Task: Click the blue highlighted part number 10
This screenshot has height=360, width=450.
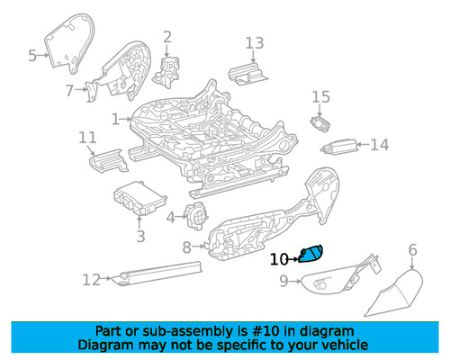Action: click(311, 254)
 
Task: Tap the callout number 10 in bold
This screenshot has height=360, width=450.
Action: click(279, 259)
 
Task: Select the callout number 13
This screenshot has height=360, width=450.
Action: click(255, 43)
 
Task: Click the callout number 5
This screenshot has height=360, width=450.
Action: click(32, 56)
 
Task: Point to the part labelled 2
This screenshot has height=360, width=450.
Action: click(167, 71)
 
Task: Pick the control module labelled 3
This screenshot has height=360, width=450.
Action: click(139, 199)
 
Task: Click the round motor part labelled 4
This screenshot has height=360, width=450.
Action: click(195, 216)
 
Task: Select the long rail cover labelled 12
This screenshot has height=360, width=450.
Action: click(159, 273)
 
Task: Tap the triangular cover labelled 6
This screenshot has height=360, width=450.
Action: click(396, 293)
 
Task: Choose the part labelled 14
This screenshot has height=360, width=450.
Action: click(339, 147)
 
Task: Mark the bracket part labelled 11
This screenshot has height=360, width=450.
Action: click(108, 160)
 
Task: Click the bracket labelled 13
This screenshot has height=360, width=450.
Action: click(247, 74)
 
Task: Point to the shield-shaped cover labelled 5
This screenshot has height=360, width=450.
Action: click(69, 42)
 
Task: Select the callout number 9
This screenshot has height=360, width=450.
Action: click(284, 282)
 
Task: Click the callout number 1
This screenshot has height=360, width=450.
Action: click(115, 120)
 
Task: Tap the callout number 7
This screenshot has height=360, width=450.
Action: click(69, 90)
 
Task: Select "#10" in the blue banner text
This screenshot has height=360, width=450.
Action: click(265, 331)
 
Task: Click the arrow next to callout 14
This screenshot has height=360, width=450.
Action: click(364, 145)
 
